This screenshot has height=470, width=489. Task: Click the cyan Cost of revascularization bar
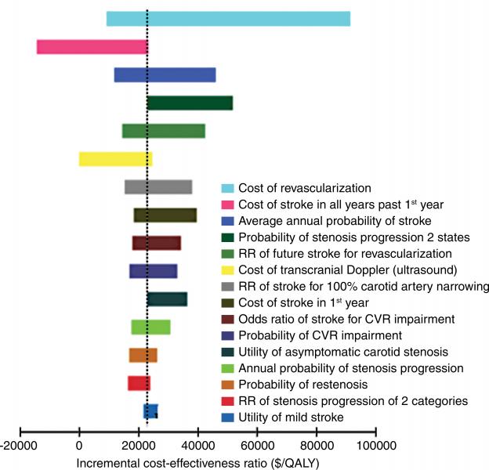click(228, 19)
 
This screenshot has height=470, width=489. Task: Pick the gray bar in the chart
click(158, 186)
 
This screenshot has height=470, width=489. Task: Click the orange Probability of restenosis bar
click(143, 355)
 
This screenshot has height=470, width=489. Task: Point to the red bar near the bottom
click(139, 383)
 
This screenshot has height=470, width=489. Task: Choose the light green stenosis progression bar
click(150, 327)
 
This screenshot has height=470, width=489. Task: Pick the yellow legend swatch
click(227, 269)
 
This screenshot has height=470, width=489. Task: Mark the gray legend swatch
click(227, 286)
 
